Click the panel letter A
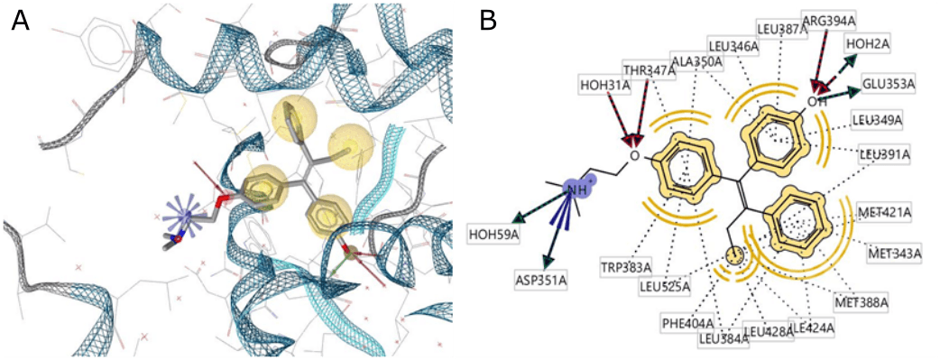click(20, 22)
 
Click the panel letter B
click(488, 22)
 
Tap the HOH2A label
click(867, 42)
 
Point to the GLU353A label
click(889, 84)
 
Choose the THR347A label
click(649, 69)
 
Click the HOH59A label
click(494, 235)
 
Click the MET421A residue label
click(885, 213)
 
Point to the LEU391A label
click(884, 154)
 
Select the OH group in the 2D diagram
click(817, 101)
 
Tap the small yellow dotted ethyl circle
click(736, 256)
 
